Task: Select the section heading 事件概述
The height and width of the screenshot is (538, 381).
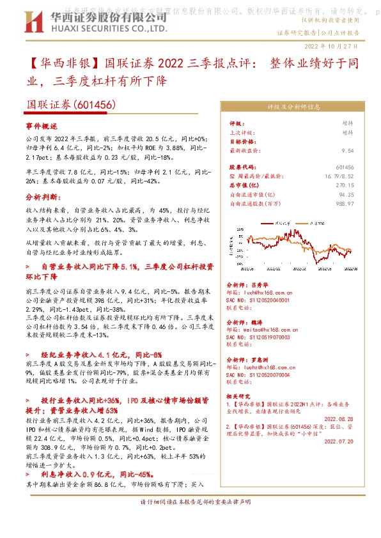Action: coord(42,126)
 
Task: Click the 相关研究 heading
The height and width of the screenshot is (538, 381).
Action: coord(238,396)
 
